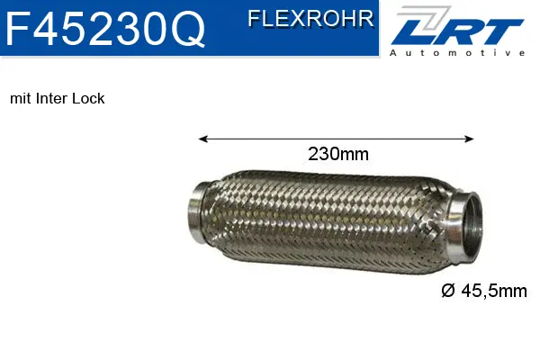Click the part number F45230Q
105,31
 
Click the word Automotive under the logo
456,54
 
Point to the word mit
20,98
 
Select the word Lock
90,98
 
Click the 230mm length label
338,154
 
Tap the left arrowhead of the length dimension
202,139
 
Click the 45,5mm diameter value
493,291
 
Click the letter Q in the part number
186,31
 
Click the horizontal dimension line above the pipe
270,139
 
